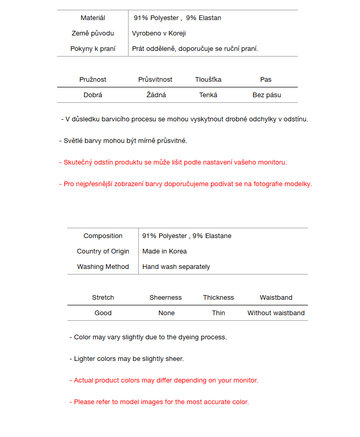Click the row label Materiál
click(93, 18)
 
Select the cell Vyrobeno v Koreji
click(158, 33)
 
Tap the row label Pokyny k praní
click(93, 49)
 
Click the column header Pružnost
click(93, 80)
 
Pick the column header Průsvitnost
click(155, 80)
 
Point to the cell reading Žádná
click(156, 95)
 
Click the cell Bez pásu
click(266, 95)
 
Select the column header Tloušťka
click(208, 80)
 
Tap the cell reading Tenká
click(208, 95)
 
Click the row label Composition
click(103, 236)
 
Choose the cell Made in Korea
click(165, 251)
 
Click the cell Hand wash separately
click(176, 267)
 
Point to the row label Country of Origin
click(103, 251)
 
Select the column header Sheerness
click(166, 298)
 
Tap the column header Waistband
click(276, 298)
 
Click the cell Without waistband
click(276, 313)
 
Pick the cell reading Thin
click(219, 313)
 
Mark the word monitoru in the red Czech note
click(271, 162)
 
